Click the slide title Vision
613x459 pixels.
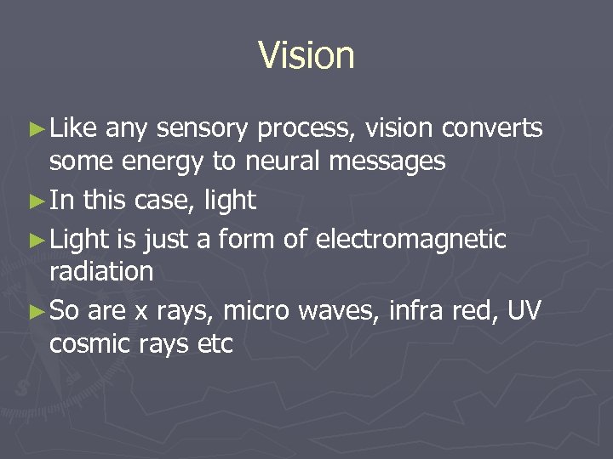pyautogui.click(x=306, y=55)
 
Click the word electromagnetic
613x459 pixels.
pyautogui.click(x=410, y=240)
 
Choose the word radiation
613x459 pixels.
pyautogui.click(x=101, y=272)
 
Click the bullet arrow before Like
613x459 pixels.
pyautogui.click(x=35, y=128)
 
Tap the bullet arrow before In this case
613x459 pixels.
pyautogui.click(x=35, y=201)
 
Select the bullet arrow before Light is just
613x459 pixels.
pyautogui.click(x=35, y=240)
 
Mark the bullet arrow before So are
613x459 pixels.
pyautogui.click(x=35, y=311)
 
